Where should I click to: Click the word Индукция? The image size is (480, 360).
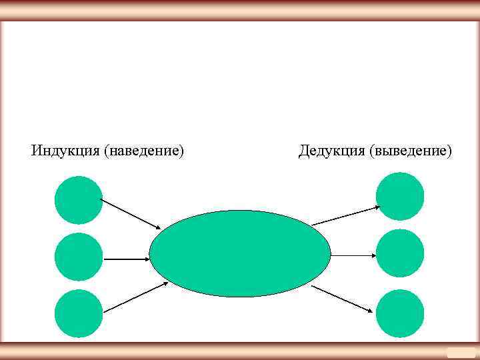65,151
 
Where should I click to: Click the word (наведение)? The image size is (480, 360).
143,151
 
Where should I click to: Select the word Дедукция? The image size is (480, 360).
331,151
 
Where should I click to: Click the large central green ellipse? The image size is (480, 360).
240,253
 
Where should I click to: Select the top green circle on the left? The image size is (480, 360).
79,200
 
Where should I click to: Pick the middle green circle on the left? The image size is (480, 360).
79,257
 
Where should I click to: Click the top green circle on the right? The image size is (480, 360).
400,196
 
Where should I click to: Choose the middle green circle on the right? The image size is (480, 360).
400,253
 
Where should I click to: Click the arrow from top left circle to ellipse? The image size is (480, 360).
131,213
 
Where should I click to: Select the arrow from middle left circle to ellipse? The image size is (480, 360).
126,259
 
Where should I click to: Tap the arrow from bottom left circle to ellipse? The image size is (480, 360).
135,297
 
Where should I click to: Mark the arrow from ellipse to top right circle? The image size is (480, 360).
345,215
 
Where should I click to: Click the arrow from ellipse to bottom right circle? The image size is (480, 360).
341,298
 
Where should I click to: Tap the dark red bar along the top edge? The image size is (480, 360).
240,10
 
